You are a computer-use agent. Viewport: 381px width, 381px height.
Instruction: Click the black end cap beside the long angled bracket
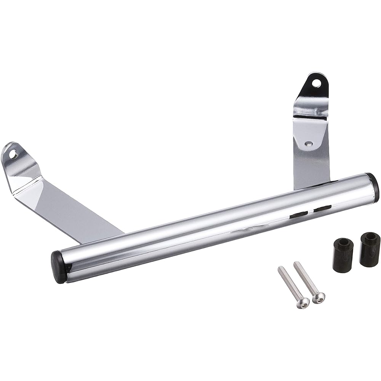[58, 262]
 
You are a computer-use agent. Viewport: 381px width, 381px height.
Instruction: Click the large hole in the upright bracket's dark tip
[315, 82]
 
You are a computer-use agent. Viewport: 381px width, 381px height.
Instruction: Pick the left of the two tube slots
[298, 215]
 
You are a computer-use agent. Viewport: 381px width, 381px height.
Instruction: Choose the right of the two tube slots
[322, 208]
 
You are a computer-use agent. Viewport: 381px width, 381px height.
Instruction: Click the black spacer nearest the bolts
[343, 255]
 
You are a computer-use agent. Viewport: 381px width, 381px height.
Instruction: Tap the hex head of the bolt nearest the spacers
[319, 297]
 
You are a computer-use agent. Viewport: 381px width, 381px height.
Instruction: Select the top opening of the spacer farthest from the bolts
[369, 237]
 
